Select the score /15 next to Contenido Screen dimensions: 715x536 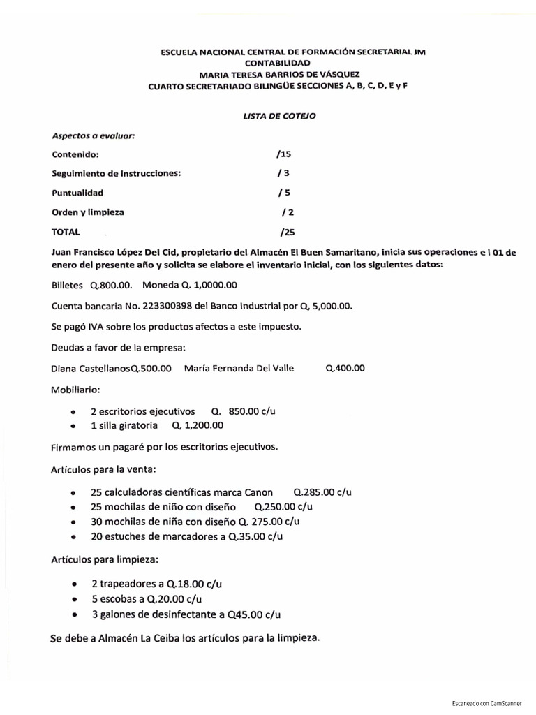tap(283, 154)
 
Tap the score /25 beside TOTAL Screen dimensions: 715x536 tap(286, 231)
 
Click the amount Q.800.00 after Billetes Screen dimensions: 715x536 tap(110, 285)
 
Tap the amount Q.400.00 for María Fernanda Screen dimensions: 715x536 tap(345, 368)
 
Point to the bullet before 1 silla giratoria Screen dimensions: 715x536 tap(73, 425)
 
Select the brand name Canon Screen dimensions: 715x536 tap(258, 492)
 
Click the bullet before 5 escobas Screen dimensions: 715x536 tap(75, 598)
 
